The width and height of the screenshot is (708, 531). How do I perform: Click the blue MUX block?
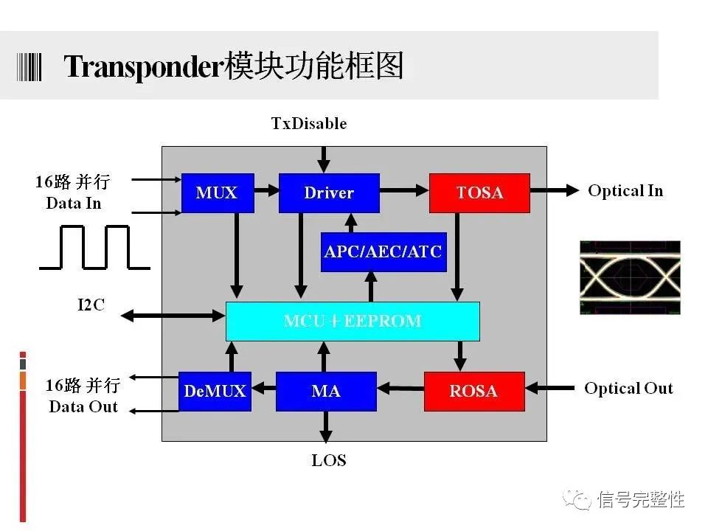point(218,193)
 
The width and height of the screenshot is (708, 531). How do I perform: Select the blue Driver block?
point(329,193)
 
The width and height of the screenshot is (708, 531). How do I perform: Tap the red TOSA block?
point(479,193)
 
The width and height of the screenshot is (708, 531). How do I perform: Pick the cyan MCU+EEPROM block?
point(353,322)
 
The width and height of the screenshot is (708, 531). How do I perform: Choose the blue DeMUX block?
point(215,391)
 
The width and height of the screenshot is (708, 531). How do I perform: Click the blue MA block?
point(326,391)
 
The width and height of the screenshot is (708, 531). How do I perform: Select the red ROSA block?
point(473,391)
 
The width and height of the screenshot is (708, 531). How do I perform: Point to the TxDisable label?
point(309,123)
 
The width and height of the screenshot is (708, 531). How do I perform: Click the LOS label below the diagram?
point(329,461)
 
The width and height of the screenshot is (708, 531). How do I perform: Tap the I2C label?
point(91,305)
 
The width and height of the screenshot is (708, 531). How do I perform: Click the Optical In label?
point(625,191)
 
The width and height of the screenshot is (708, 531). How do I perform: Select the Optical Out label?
point(628,389)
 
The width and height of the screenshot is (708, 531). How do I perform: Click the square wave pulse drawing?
point(94,247)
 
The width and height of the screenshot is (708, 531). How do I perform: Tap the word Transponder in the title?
point(143,67)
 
